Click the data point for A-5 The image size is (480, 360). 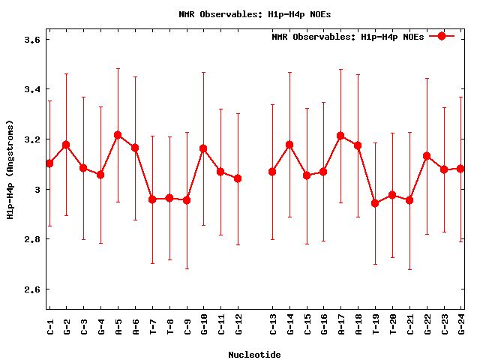tap(118, 135)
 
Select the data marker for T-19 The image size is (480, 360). tap(375, 203)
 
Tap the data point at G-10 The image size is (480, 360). tap(203, 148)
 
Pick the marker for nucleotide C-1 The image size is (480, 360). tap(49, 163)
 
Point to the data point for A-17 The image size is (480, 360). tap(340, 136)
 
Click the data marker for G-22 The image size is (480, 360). tap(427, 156)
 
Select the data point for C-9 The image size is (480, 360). tap(187, 200)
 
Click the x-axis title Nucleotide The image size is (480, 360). tap(254, 354)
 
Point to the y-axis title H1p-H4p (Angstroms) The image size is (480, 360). tap(10, 169)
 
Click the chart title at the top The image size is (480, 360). tap(254, 13)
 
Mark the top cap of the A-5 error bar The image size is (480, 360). tap(118, 68)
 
